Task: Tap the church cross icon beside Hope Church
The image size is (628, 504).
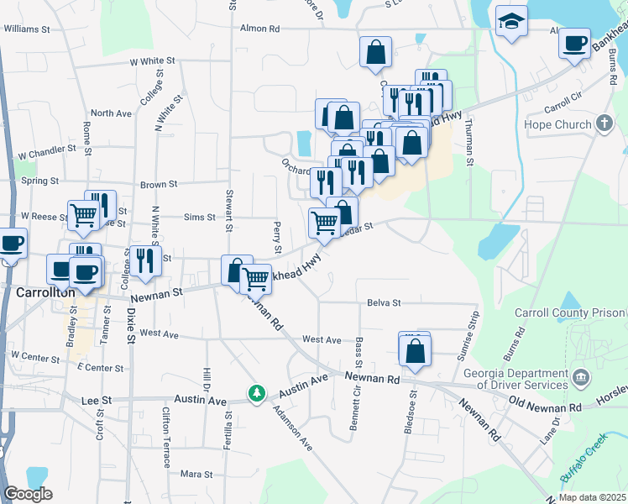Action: point(604,124)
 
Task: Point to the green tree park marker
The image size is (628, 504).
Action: point(256,392)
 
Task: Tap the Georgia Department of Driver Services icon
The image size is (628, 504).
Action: point(580,375)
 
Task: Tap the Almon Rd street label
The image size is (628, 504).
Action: point(260,28)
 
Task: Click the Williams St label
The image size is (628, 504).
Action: point(27,28)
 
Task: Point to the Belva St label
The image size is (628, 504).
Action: point(384,302)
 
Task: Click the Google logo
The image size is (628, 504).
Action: point(28,494)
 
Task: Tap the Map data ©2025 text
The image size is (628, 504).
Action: point(592,497)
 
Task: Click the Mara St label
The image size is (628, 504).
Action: point(197,475)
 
